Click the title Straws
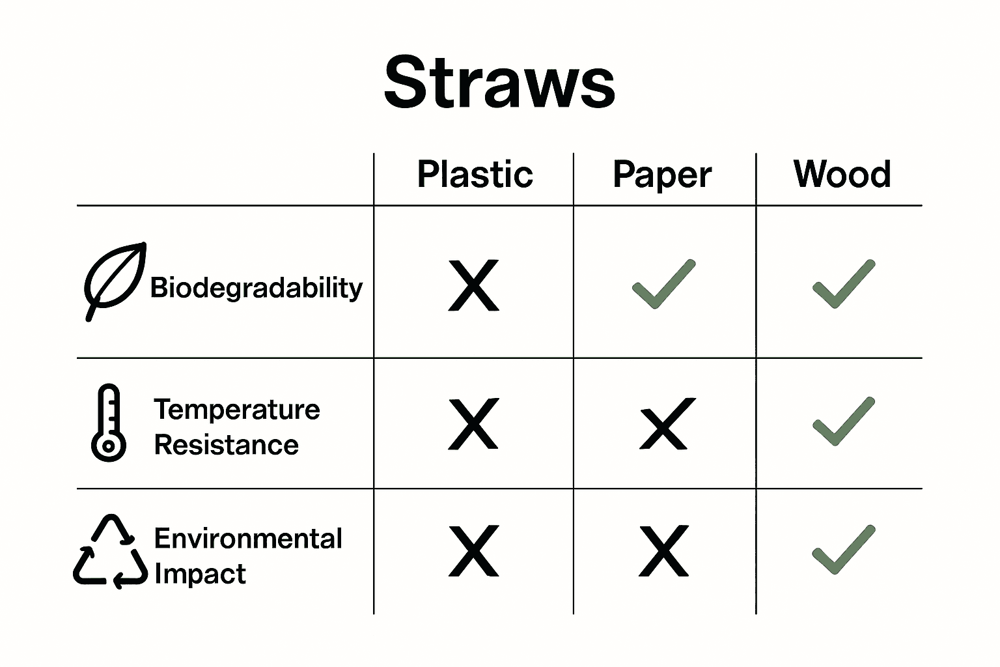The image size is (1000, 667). (499, 83)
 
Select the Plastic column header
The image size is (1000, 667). (475, 175)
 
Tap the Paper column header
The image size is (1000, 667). (662, 175)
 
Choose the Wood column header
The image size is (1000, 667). (842, 175)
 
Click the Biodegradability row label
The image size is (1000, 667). (256, 287)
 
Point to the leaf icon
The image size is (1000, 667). (114, 280)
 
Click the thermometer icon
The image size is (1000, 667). (108, 423)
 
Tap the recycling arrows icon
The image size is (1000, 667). (110, 552)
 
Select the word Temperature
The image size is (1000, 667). (237, 410)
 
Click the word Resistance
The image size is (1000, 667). (227, 445)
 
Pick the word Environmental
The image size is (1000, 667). (248, 539)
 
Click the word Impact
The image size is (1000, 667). (200, 574)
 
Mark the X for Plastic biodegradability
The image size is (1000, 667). (474, 285)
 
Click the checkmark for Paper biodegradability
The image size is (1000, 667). (663, 285)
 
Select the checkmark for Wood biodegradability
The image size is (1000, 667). (844, 284)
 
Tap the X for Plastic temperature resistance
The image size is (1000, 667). (474, 424)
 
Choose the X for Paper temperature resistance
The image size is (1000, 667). (664, 424)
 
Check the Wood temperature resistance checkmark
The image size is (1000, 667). (844, 421)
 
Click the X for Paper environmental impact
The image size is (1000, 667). (664, 551)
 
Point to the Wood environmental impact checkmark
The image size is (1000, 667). (844, 550)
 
